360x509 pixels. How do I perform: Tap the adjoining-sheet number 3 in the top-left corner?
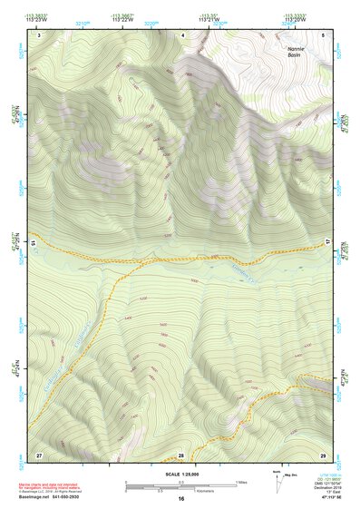(39, 34)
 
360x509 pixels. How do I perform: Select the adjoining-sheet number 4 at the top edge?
(184, 34)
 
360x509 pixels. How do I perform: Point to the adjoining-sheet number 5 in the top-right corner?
(323, 34)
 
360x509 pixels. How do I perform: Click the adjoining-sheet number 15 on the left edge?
(33, 244)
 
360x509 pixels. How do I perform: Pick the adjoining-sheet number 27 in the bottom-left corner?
(39, 453)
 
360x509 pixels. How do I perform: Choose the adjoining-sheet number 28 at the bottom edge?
(181, 454)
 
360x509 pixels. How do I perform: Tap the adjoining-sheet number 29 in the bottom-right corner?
(323, 453)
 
